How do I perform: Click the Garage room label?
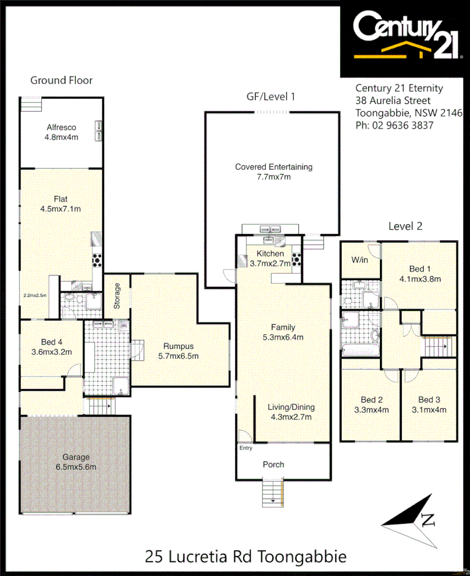pos(76,462)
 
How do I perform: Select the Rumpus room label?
pos(178,351)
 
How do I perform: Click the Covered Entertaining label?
pos(274,171)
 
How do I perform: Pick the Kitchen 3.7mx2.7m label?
pos(269,259)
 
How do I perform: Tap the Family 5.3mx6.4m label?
pos(283,332)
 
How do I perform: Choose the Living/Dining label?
pos(291,412)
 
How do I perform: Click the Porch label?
pos(273,464)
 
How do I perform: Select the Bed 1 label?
pos(419,274)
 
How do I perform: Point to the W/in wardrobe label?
pos(359,259)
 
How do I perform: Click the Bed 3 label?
pos(429,405)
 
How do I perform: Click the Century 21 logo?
pos(405,36)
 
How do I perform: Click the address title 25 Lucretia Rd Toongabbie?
pos(245,556)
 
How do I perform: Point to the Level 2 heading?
pos(405,226)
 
